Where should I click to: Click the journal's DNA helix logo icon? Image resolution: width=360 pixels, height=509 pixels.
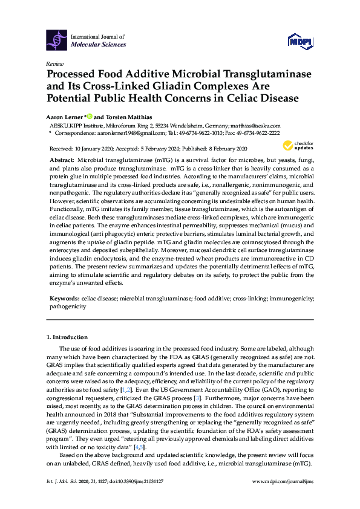click(x=56, y=41)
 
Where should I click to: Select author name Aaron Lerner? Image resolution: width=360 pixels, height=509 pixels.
click(x=65, y=115)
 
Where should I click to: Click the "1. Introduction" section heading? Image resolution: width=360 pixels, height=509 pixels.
click(x=67, y=336)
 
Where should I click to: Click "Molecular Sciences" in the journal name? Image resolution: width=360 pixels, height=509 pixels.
click(x=99, y=44)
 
